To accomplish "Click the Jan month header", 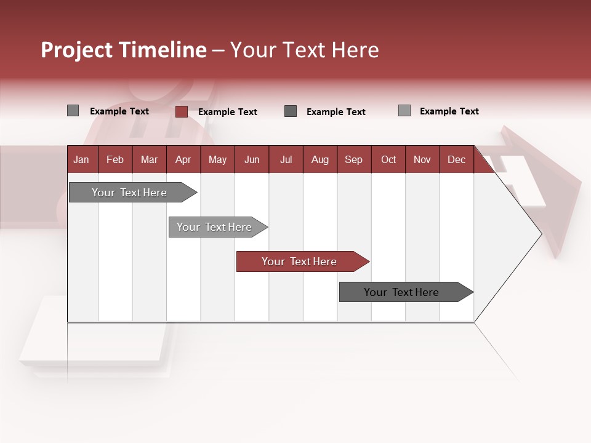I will pyautogui.click(x=82, y=159).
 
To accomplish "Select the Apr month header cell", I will pyautogui.click(x=183, y=159).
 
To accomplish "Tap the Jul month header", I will pyautogui.click(x=286, y=159).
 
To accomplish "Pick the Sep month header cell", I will pyautogui.click(x=354, y=159).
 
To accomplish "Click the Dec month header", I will pyautogui.click(x=456, y=159).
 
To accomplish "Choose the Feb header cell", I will pyautogui.click(x=115, y=159).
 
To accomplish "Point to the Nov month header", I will pyautogui.click(x=422, y=159).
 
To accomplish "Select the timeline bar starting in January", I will pyautogui.click(x=130, y=193).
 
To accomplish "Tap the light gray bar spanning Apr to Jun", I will pyautogui.click(x=215, y=227).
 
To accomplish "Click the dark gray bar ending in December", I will pyautogui.click(x=402, y=292).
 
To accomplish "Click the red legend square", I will pyautogui.click(x=181, y=111).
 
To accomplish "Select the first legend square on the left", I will pyautogui.click(x=73, y=111).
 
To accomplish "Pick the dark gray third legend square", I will pyautogui.click(x=291, y=111).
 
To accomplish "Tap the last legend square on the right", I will pyautogui.click(x=404, y=111).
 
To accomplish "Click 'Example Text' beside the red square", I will pyautogui.click(x=228, y=112).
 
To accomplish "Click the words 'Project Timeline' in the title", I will pyautogui.click(x=124, y=50).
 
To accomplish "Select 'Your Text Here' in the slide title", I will pyautogui.click(x=304, y=50).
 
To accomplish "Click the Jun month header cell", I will pyautogui.click(x=252, y=159).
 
